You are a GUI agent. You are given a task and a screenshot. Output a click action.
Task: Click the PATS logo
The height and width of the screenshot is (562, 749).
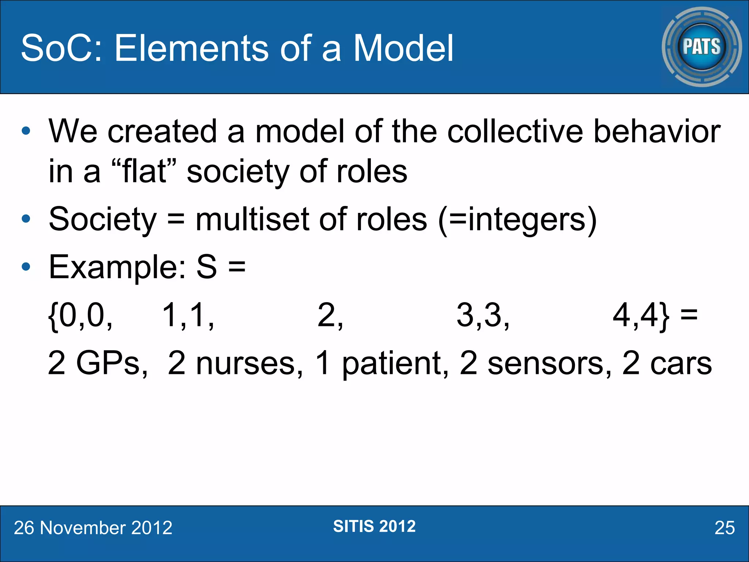[701, 47]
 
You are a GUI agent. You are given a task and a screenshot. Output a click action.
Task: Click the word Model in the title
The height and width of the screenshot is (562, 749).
[403, 48]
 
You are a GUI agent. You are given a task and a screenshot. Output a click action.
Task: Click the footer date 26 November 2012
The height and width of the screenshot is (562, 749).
[93, 528]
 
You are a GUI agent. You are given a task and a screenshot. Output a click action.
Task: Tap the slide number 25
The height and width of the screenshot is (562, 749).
[724, 528]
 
